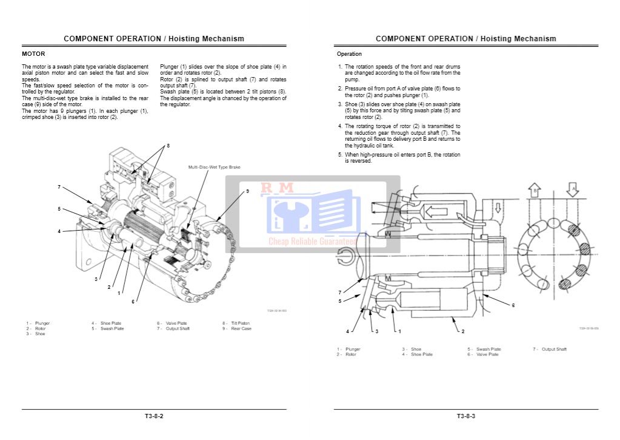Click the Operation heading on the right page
coord(349,54)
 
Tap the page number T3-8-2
coord(154,416)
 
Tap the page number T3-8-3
coord(466,416)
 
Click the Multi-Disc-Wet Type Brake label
coord(214,167)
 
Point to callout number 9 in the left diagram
coord(247,191)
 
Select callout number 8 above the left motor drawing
coord(168,146)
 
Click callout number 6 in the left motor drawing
coord(133,302)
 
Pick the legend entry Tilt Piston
coord(240,323)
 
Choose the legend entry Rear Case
coord(241,329)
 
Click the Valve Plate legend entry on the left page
coord(176,323)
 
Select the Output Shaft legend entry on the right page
coord(553,350)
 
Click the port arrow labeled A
coord(572,189)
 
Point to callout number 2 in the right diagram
coord(463,331)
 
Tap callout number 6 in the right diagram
coord(513,305)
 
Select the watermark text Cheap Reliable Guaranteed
coord(312,242)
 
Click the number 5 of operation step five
coord(339,155)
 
